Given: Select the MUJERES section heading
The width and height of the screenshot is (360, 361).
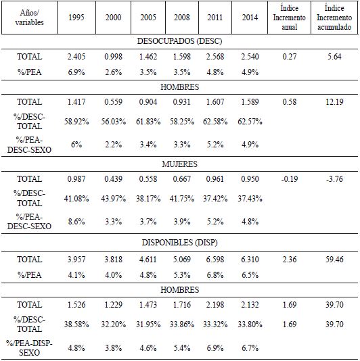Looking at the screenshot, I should [x=179, y=164].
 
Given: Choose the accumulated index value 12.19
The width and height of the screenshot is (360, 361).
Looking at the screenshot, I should [x=332, y=102].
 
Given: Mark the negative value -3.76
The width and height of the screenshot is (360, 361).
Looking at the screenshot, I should [x=332, y=179].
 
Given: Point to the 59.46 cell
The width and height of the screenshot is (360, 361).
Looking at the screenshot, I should [x=332, y=259].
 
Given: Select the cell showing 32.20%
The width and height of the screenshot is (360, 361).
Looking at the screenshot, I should [x=113, y=325].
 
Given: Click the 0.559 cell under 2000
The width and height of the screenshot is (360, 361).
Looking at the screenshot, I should [x=113, y=102].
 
